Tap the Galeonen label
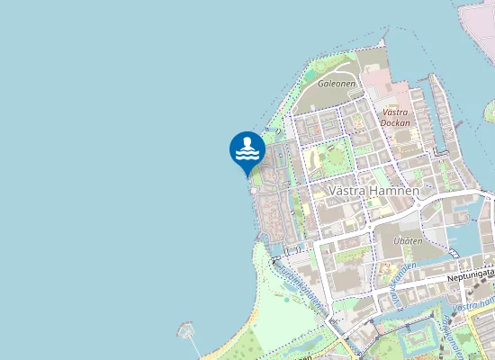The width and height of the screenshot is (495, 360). [x=337, y=83]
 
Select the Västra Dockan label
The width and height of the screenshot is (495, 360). [x=395, y=116]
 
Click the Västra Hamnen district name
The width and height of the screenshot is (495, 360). [x=373, y=191]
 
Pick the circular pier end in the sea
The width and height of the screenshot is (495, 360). [x=186, y=328]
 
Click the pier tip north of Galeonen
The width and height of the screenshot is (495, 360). [x=384, y=40]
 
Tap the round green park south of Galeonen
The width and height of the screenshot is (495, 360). [x=334, y=158]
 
